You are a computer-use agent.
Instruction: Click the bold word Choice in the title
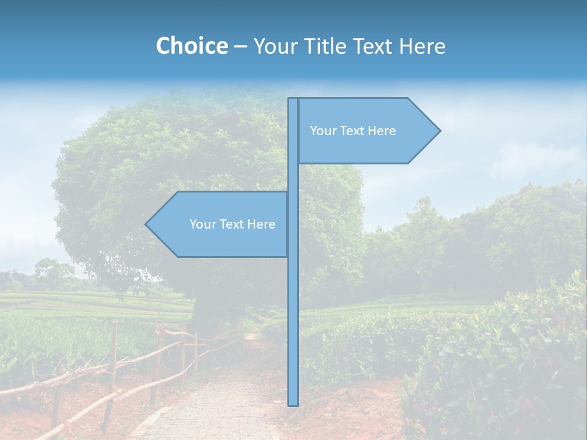click(x=191, y=46)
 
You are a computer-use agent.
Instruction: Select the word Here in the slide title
click(x=422, y=46)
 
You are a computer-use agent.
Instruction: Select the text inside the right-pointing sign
click(x=353, y=131)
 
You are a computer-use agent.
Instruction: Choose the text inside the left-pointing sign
click(x=232, y=224)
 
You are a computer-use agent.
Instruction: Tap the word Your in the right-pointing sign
click(x=322, y=131)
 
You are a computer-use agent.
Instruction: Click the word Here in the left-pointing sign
click(x=261, y=224)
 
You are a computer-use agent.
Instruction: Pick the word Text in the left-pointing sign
click(x=232, y=224)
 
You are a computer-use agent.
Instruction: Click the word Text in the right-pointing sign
click(x=352, y=131)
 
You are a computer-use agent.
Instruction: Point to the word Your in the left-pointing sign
click(x=202, y=224)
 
